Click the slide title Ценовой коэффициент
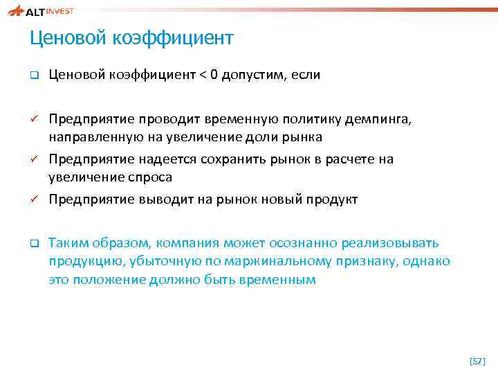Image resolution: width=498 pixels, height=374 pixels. pos(131,38)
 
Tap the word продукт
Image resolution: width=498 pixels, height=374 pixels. pos(333,199)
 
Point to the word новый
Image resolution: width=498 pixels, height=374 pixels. pos(284,199)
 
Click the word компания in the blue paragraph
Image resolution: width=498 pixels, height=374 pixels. pos(189,243)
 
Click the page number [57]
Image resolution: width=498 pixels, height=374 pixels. pos(477,361)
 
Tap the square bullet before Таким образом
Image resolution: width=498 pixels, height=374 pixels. pos(33,244)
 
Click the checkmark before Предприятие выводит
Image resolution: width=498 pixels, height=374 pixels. pos(33,199)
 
